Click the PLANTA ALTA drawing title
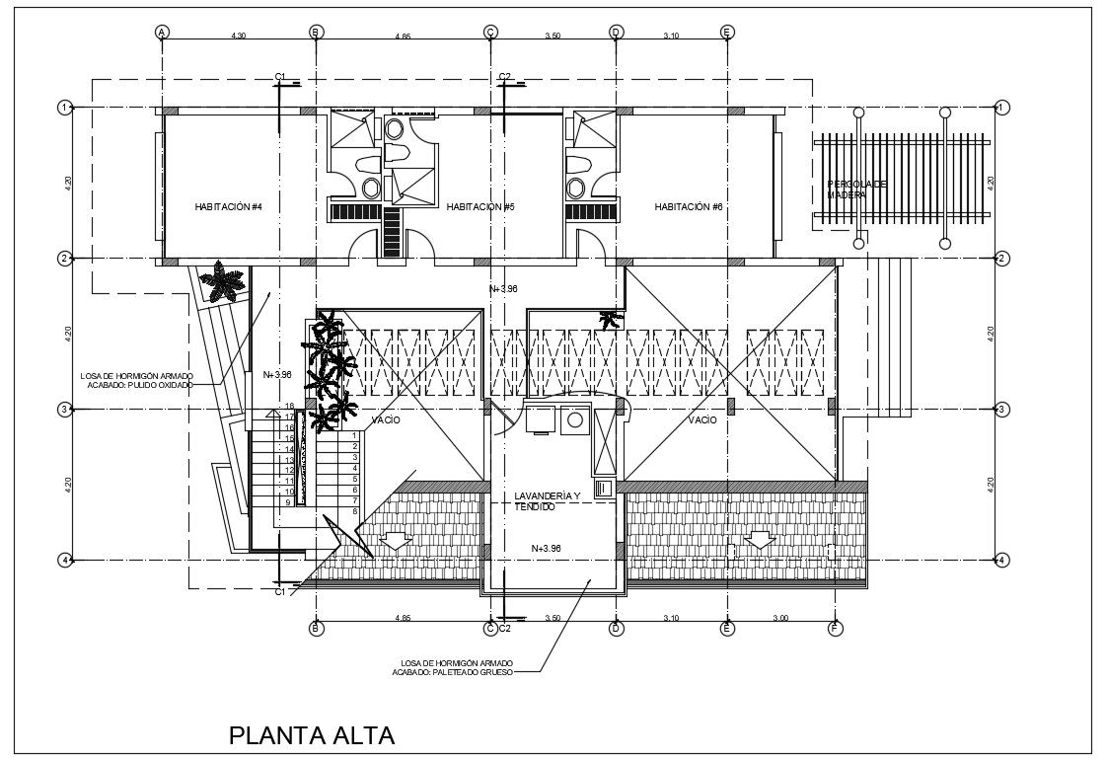coord(312,735)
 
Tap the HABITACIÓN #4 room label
coord(228,207)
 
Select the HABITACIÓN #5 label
coord(480,207)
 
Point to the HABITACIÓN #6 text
coord(689,207)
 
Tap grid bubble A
coord(161,32)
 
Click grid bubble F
coord(835,628)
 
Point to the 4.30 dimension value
coord(238,36)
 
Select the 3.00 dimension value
coord(780,619)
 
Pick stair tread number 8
coord(354,511)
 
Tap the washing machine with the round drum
coord(573,421)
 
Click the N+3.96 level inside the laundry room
coord(546,548)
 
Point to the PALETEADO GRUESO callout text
coord(453,672)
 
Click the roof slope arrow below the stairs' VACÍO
coord(395,540)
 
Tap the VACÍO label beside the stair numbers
coord(385,420)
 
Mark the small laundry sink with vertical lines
coord(604,487)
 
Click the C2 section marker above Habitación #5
coord(504,77)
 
